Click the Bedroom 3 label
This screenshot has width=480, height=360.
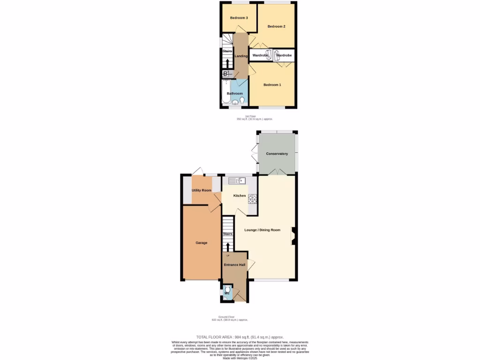[239, 18]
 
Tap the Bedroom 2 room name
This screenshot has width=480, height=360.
[277, 27]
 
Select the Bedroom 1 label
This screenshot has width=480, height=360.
[272, 85]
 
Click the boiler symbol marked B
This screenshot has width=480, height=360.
[225, 74]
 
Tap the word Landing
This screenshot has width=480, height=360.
[241, 56]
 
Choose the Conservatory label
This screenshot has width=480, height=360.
[277, 154]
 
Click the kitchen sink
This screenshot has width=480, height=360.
[237, 180]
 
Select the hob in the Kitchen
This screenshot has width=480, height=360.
[252, 199]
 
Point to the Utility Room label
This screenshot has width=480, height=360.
[202, 190]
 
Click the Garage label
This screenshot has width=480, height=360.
[202, 243]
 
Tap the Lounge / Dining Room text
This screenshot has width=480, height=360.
[262, 230]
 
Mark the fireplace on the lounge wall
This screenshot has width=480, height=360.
[293, 236]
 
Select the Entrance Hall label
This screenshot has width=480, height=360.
[234, 265]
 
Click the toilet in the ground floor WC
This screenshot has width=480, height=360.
[228, 289]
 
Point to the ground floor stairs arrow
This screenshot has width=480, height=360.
[228, 247]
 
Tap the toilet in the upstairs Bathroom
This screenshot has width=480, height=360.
[242, 100]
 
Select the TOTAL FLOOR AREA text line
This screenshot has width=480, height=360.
[240, 337]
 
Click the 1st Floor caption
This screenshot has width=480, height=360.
[251, 116]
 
